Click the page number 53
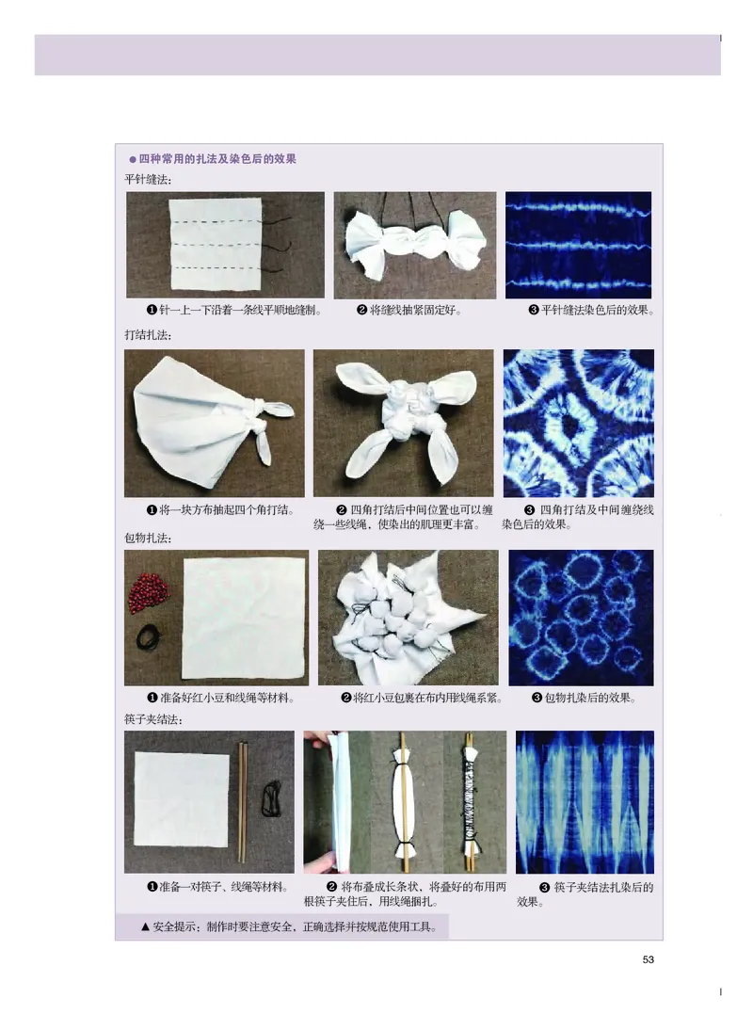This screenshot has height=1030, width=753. [x=648, y=960]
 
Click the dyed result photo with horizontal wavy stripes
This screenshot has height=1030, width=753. [x=578, y=245]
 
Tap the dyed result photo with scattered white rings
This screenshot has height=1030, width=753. [x=581, y=618]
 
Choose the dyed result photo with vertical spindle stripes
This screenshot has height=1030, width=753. [x=585, y=801]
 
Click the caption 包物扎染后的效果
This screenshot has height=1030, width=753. [x=584, y=698]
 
